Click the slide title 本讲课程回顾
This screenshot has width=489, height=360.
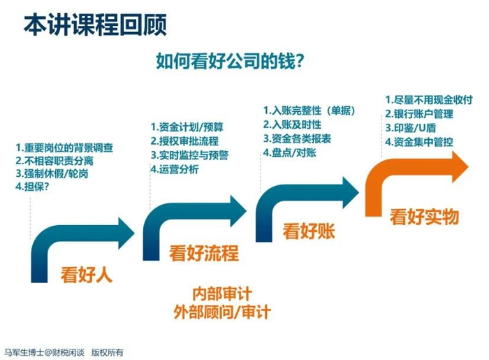[x=95, y=26]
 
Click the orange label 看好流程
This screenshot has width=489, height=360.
[x=203, y=252]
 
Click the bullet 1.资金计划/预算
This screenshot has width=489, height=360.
[x=187, y=127]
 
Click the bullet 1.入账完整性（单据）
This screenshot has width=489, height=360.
[x=309, y=110]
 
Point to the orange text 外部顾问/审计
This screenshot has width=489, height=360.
[x=221, y=311]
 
